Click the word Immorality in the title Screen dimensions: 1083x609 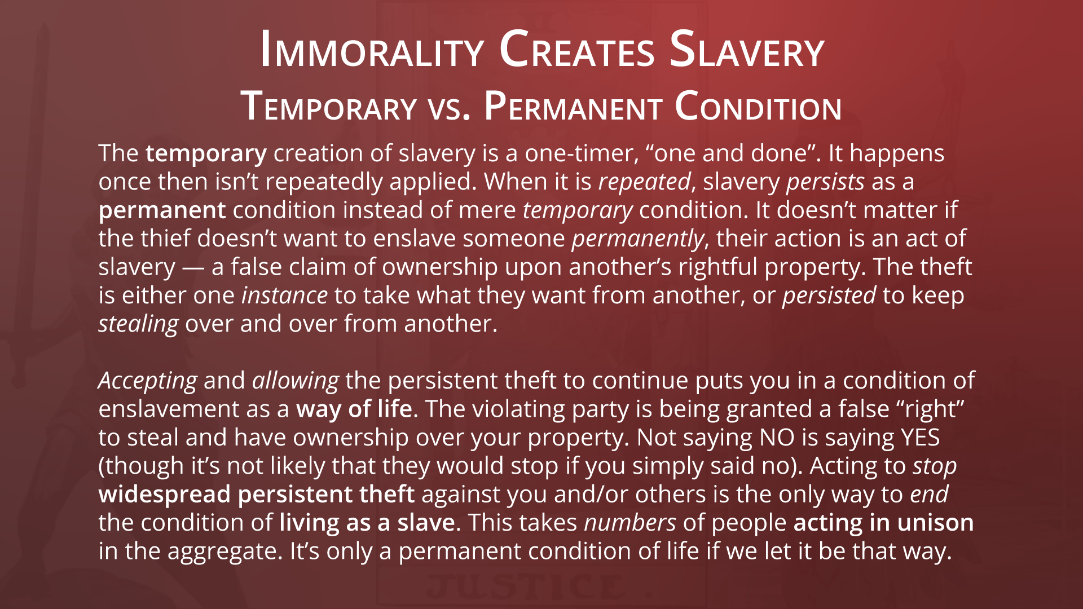point(372,51)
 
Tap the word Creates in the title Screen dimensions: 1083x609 point(577,51)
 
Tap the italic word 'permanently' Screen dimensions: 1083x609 point(638,239)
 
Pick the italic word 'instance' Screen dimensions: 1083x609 point(284,295)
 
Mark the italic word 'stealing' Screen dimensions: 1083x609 point(138,324)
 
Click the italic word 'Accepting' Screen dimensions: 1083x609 point(148,381)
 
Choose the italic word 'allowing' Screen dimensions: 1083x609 point(295,381)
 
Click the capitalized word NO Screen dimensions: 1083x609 point(777,438)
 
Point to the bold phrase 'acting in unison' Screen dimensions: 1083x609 point(883,523)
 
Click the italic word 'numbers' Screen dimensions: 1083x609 point(630,523)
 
